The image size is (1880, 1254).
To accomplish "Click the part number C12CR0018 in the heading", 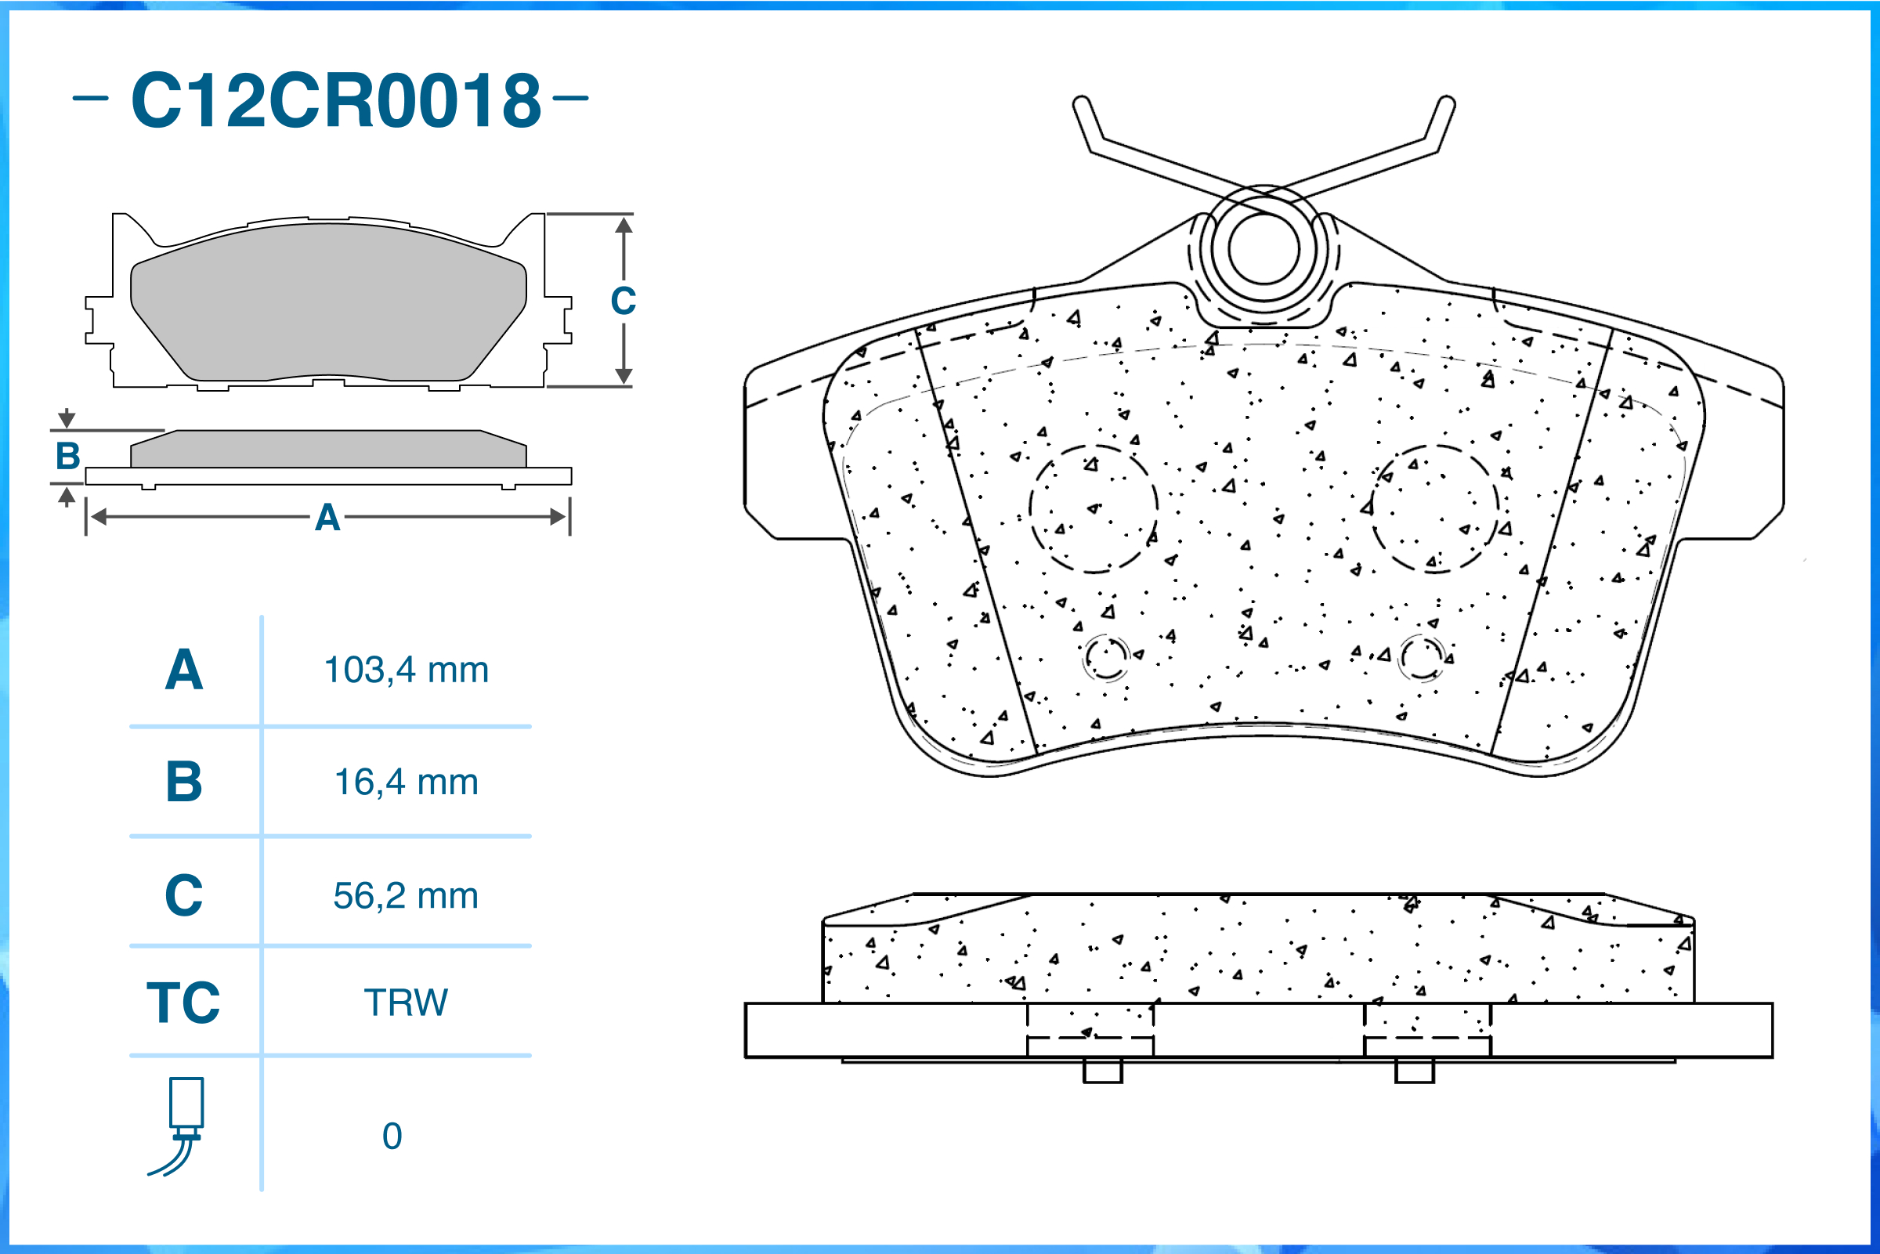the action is (x=336, y=100).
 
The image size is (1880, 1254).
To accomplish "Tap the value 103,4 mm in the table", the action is (x=407, y=670).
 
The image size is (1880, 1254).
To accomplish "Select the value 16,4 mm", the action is (x=407, y=782).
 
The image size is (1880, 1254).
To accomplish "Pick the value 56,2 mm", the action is (x=407, y=896).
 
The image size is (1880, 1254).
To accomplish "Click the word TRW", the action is (x=407, y=1003).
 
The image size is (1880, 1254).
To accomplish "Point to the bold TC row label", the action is (x=183, y=1003).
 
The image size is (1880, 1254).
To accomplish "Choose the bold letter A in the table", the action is (x=184, y=670).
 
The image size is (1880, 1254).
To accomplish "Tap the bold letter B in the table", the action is (x=184, y=782).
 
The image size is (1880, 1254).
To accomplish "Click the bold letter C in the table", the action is (x=184, y=896).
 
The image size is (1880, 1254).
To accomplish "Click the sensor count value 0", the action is (x=392, y=1137).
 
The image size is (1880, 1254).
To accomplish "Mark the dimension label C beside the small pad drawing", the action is (x=623, y=302).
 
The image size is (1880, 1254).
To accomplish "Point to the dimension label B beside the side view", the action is (x=68, y=457).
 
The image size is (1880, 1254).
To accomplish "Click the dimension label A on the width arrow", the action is (x=327, y=519).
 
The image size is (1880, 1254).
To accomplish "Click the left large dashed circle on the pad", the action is (x=1093, y=508).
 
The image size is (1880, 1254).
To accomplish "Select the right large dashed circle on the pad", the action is (x=1435, y=508).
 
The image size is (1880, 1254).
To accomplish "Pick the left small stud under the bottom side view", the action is (x=1103, y=1070).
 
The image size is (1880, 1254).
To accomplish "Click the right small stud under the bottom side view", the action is (x=1414, y=1070).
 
